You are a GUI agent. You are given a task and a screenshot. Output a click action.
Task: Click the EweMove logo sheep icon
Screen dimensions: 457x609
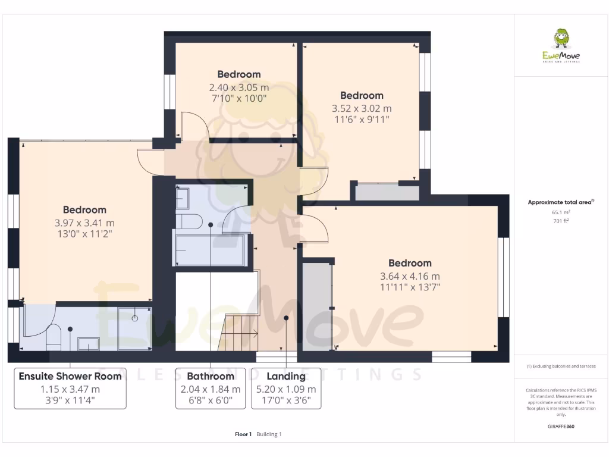click(561, 39)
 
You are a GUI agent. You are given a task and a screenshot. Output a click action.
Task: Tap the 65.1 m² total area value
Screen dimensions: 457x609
click(561, 212)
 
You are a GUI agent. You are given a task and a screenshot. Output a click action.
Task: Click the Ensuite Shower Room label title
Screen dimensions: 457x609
click(70, 376)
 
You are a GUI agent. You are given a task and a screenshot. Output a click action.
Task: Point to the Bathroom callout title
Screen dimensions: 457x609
click(211, 376)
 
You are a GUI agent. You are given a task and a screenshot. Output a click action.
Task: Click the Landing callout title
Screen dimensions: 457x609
click(286, 376)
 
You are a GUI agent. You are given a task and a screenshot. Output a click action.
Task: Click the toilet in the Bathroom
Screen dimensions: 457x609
click(190, 222)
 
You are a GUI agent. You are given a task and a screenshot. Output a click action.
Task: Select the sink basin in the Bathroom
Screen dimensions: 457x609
click(183, 197)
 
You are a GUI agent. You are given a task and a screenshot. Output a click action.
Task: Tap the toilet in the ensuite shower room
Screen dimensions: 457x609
click(53, 336)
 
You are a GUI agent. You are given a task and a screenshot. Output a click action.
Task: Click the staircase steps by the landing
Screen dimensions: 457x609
click(238, 333)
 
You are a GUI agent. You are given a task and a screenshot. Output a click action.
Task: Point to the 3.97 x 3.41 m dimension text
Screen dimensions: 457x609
click(84, 223)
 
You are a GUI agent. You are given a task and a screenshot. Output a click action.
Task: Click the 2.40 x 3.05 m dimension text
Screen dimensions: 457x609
click(238, 87)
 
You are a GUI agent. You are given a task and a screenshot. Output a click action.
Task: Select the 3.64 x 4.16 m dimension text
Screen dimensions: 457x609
click(410, 276)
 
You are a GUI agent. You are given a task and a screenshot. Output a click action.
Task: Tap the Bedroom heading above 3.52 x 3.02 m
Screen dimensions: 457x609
click(362, 95)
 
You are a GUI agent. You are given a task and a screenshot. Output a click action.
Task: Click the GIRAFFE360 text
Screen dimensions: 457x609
click(561, 426)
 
